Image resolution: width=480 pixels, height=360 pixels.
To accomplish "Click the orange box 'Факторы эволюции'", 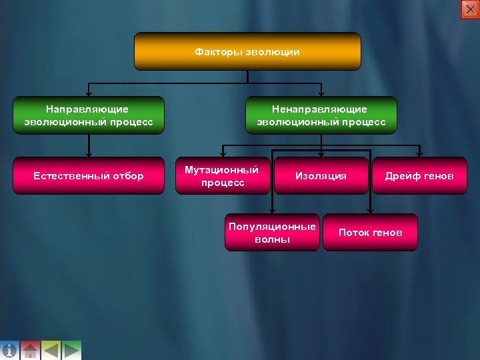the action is click(247, 51).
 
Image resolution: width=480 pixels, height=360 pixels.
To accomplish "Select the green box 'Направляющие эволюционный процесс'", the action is click(89, 115).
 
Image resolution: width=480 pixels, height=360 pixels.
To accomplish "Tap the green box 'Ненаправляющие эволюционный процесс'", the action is click(321, 115).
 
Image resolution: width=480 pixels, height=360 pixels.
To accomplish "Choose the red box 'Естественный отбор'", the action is click(89, 176).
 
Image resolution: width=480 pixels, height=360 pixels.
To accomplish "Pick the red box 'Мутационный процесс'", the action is click(222, 176).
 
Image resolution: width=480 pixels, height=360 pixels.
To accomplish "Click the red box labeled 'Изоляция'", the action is click(321, 176).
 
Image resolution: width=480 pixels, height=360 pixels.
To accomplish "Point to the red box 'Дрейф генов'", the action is click(419, 176).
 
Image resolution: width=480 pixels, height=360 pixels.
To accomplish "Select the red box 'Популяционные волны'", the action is click(272, 232).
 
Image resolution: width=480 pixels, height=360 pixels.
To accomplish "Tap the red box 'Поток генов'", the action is click(370, 232).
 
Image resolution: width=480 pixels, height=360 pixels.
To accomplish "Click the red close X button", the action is click(470, 9).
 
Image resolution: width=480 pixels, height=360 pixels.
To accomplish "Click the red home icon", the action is click(30, 350).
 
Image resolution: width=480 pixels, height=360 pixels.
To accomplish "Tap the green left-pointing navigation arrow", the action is click(51, 350).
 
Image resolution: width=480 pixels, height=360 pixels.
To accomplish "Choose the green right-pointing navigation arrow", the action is click(71, 350).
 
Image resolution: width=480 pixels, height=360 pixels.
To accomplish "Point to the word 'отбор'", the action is click(128, 176).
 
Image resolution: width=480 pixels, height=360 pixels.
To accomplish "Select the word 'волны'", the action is click(272, 239).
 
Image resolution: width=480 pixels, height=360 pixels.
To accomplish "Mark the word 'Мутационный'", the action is click(221, 170).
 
